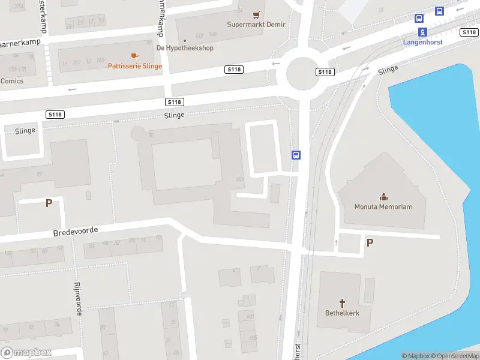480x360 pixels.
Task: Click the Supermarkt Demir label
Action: pos(256,25)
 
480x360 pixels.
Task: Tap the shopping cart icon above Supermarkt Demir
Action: pos(257,14)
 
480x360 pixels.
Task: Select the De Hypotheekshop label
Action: pos(185,48)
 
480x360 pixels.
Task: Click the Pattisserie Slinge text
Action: pos(135,66)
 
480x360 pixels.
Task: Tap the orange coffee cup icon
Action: pos(134,56)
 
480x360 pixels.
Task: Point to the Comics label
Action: pos(11,81)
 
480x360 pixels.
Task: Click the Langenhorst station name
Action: pos(422,42)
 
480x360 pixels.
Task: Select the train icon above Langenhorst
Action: pos(422,32)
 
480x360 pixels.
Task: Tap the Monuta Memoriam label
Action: pos(383,207)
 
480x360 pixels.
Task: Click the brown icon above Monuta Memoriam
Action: pos(383,197)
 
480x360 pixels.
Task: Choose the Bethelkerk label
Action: pos(343,313)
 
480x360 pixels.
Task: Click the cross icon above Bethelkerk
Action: pos(343,303)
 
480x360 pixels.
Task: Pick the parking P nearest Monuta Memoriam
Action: pos(370,242)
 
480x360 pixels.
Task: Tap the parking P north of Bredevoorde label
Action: pos(49,203)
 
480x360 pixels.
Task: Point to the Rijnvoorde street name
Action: pos(78,299)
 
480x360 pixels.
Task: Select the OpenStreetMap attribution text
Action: pos(454,356)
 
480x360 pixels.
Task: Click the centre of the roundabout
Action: pos(302,74)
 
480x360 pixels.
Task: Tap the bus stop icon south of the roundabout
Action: pos(296,155)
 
